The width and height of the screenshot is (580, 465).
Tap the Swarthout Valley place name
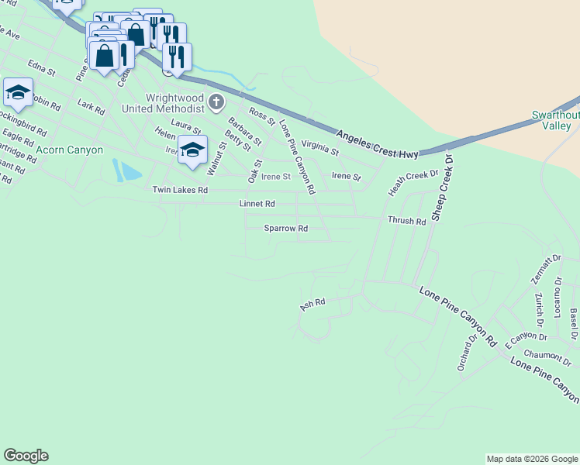click(556, 120)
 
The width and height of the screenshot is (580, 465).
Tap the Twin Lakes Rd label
click(180, 190)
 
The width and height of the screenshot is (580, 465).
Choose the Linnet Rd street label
click(257, 204)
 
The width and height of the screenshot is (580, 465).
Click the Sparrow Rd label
click(285, 229)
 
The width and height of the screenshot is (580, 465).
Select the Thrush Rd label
click(407, 221)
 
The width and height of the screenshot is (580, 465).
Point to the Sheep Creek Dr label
click(442, 186)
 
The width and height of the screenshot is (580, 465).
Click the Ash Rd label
click(312, 305)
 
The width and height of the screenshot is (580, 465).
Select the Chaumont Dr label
click(547, 358)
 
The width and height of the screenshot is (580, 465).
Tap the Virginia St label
click(319, 147)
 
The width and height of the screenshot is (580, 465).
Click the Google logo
click(26, 456)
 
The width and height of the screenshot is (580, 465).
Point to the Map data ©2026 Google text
click(532, 459)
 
